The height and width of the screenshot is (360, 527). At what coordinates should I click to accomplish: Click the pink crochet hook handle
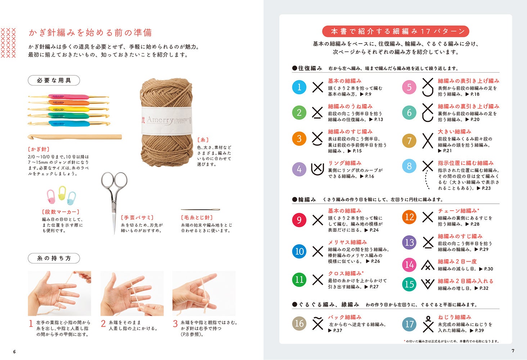[x=68, y=96]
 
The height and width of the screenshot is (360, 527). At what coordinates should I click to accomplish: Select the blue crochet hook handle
[x=69, y=123]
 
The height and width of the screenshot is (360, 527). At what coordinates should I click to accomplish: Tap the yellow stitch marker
[x=62, y=193]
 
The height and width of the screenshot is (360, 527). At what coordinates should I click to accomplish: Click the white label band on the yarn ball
[x=166, y=121]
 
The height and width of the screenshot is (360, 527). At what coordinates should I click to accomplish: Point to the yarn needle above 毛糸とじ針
[x=200, y=209]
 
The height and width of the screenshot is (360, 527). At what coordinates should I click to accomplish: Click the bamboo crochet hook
[x=75, y=137]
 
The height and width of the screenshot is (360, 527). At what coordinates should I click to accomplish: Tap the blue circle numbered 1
[x=299, y=87]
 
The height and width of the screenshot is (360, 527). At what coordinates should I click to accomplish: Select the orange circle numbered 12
[x=409, y=217]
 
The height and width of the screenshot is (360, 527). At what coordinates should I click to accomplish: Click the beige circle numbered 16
[x=299, y=323]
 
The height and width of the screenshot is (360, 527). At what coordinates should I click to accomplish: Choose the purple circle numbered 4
[x=299, y=169]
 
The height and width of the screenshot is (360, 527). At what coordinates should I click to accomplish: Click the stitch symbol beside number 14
[x=428, y=265]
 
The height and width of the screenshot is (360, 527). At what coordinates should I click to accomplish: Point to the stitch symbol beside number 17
[x=428, y=324]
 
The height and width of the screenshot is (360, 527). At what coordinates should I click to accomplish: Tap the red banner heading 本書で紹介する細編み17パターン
[x=396, y=31]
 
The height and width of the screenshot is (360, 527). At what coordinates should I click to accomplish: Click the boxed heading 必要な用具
[x=54, y=80]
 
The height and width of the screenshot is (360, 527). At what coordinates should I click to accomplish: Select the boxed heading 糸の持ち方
[x=54, y=258]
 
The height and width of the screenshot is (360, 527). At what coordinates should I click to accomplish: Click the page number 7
[x=513, y=351]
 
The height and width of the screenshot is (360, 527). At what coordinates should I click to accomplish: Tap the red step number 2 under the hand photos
[x=103, y=324]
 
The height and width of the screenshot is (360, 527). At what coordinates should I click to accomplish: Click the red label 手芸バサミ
[x=137, y=217]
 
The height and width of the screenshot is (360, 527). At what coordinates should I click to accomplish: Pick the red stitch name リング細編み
[x=345, y=163]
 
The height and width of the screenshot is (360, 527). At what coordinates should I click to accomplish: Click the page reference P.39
[x=479, y=330]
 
